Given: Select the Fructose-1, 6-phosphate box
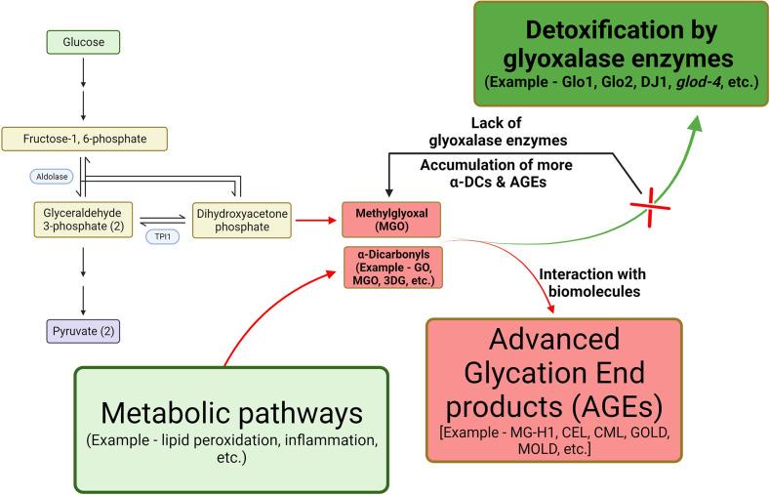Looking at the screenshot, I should click(86, 140).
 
